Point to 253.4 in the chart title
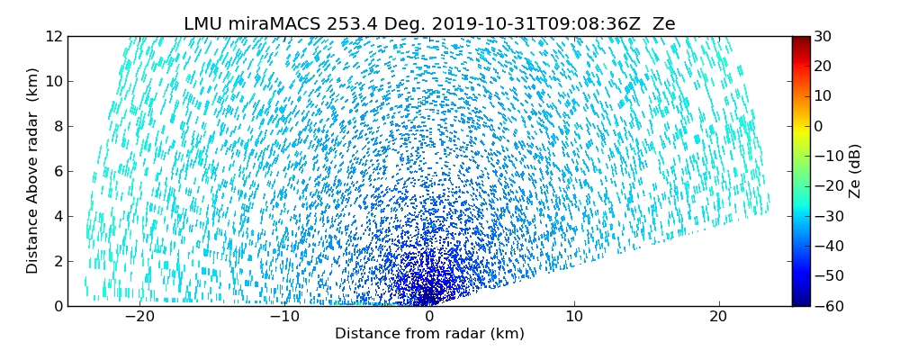pyautogui.click(x=343, y=24)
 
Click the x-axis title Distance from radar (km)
pyautogui.click(x=429, y=334)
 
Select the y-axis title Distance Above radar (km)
pyautogui.click(x=33, y=171)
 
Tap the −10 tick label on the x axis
pyautogui.click(x=284, y=317)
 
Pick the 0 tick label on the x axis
pyautogui.click(x=429, y=317)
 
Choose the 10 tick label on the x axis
pyautogui.click(x=574, y=317)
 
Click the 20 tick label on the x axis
pyautogui.click(x=718, y=317)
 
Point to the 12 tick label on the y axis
pyautogui.click(x=53, y=36)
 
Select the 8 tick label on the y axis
pyautogui.click(x=57, y=126)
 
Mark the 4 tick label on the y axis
pyautogui.click(x=57, y=216)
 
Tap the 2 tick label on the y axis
pyautogui.click(x=57, y=261)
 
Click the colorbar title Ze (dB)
pyautogui.click(x=855, y=171)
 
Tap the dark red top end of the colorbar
pyautogui.click(x=800, y=40)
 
